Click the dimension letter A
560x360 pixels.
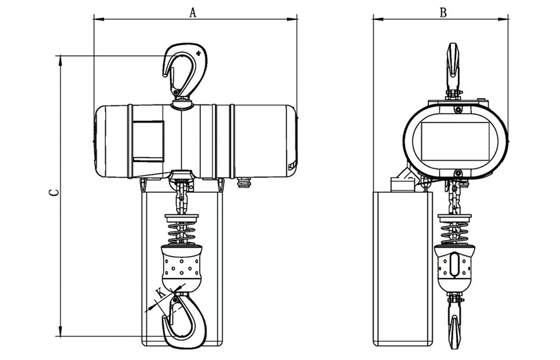pos(193,12)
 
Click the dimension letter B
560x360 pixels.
pos(443,12)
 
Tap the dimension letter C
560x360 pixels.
pos(54,192)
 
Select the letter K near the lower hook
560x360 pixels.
pos(161,293)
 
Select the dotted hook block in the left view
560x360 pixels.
pos(182,266)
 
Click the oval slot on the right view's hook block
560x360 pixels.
pos(454,265)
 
